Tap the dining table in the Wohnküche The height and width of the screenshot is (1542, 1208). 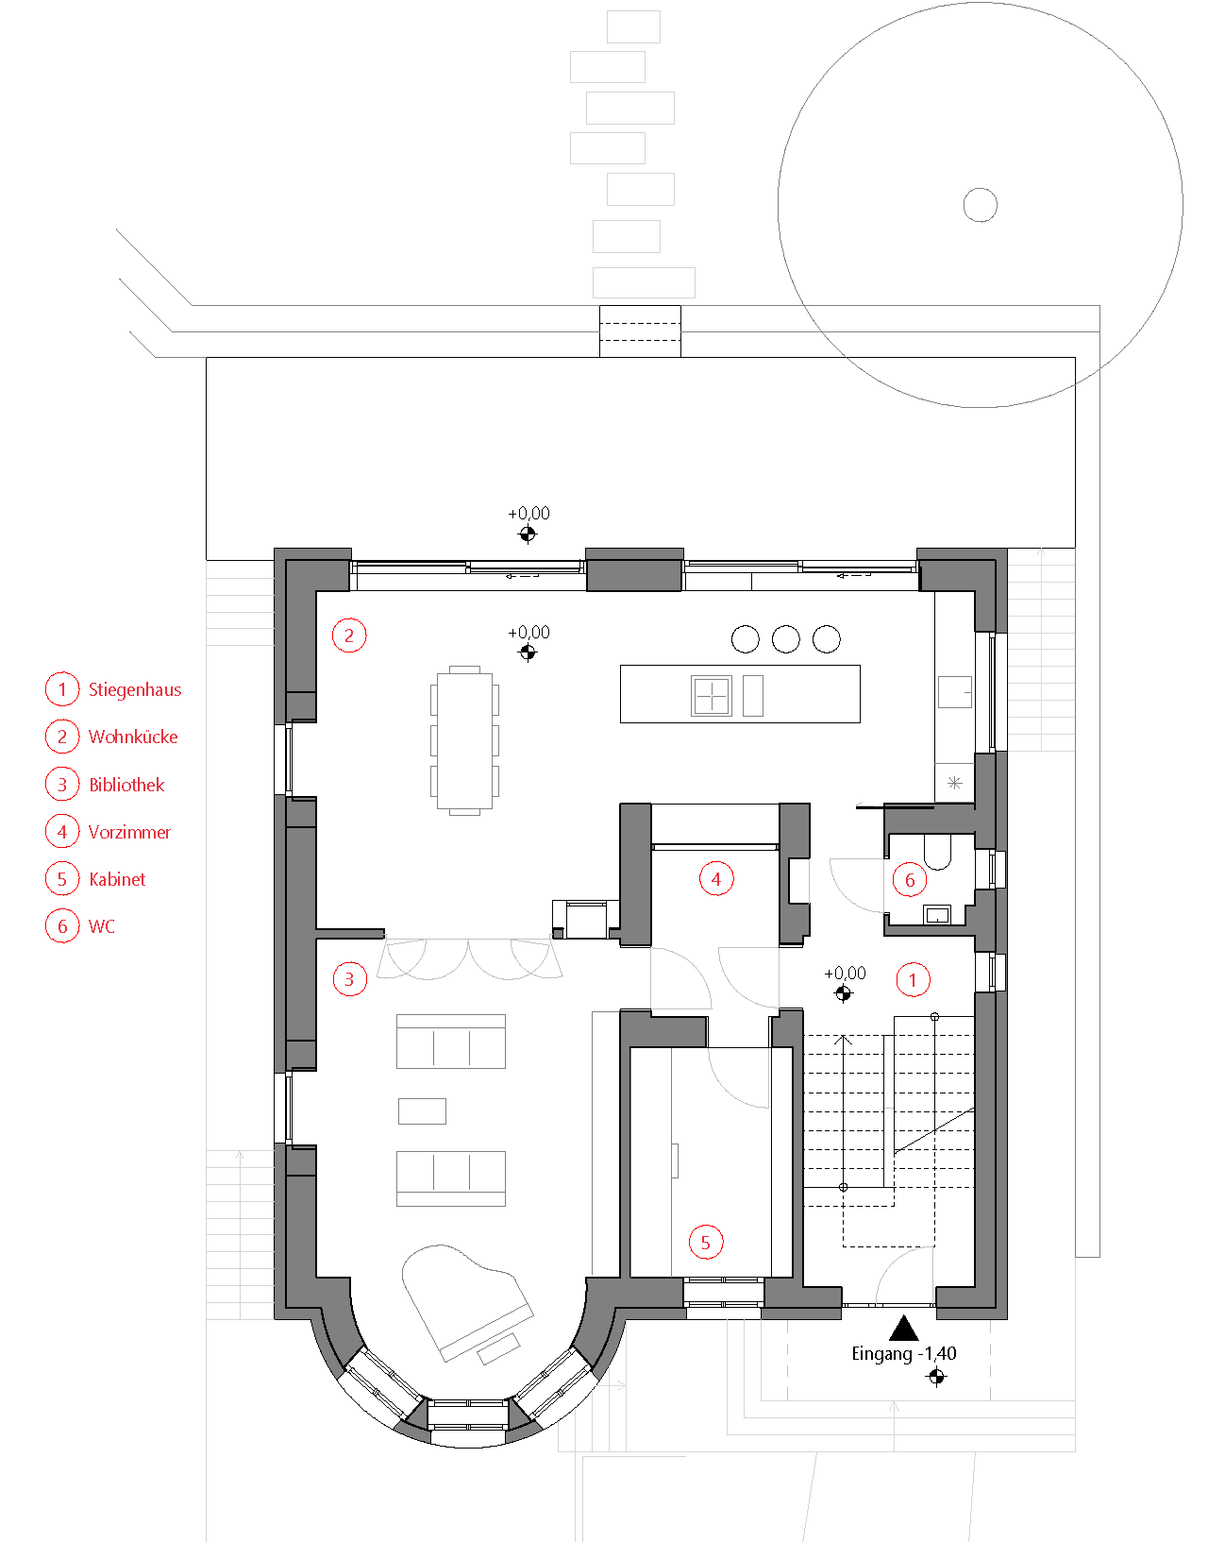pos(464,740)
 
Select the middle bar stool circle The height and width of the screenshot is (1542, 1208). pos(785,638)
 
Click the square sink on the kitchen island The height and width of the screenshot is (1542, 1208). pos(711,695)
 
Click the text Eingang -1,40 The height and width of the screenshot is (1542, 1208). pos(904,1353)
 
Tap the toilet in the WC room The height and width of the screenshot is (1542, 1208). pos(937,852)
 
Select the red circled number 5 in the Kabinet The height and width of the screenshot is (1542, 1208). pos(705,1242)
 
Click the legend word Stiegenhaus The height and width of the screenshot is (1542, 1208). pos(135,689)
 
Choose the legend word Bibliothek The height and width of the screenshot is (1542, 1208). pos(126,785)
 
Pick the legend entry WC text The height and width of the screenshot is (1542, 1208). pos(101,926)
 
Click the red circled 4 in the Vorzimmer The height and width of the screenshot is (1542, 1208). pos(716,879)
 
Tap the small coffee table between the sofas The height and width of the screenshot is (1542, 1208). pos(422,1111)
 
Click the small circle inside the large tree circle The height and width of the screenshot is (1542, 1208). pos(981,205)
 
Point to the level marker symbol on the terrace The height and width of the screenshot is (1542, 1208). pos(528,534)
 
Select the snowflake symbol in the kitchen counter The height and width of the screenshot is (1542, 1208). pos(955,784)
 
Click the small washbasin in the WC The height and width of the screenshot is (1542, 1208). pos(937,915)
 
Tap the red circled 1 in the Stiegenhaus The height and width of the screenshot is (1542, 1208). pos(913,980)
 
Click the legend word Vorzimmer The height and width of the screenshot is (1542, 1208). pos(129,833)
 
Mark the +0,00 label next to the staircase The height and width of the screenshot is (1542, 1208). pos(845,973)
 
